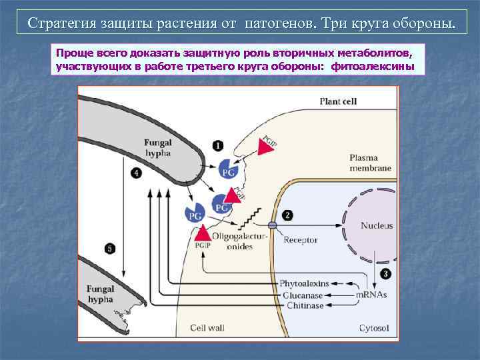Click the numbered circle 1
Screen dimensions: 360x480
tap(218, 145)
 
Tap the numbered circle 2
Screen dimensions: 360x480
tap(287, 215)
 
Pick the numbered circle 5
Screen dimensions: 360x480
tap(111, 248)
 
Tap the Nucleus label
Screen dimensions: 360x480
tap(377, 225)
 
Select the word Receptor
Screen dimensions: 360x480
tap(301, 240)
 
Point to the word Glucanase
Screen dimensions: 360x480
tap(303, 294)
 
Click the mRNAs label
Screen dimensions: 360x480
tap(371, 294)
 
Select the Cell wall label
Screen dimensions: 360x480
tap(207, 328)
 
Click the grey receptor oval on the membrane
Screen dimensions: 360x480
tap(272, 225)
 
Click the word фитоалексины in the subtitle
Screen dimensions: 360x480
tap(378, 67)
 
